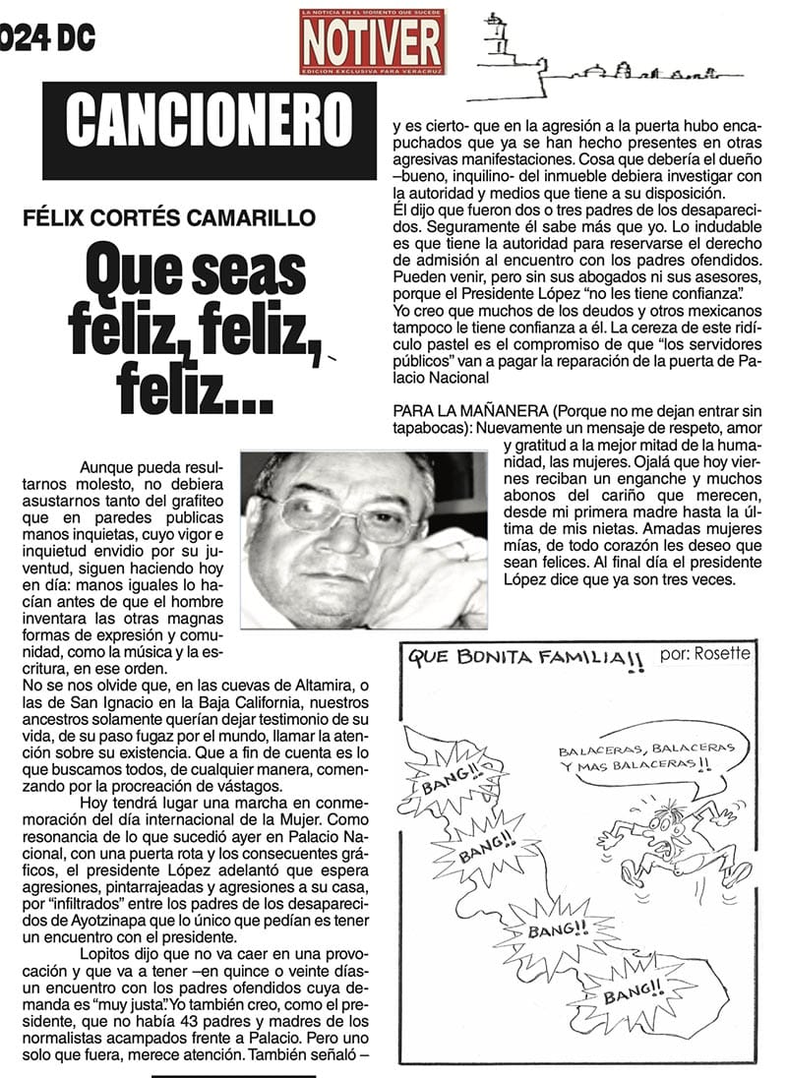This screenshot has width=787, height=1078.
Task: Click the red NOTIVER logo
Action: pos(372,41)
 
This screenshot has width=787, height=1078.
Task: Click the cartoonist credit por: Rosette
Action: pos(704,653)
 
